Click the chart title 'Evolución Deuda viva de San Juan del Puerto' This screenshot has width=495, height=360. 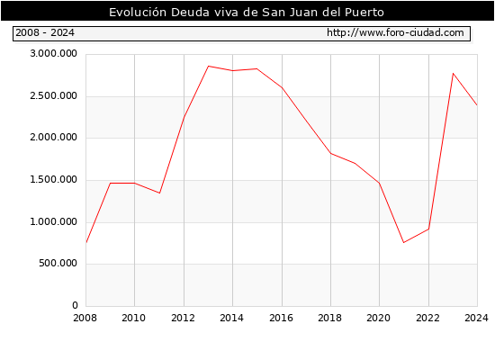point(247,12)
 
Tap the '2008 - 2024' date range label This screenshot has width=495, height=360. point(45,32)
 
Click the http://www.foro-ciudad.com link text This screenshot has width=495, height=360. point(395,32)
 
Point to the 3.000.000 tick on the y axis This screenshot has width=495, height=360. point(53,53)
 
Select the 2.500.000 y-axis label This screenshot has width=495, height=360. point(53,95)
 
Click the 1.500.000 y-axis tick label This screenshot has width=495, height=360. point(53,179)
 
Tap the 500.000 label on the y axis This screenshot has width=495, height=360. point(58,263)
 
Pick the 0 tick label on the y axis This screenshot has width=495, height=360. point(75,305)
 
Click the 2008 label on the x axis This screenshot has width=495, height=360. point(85,318)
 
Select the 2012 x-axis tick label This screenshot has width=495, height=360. point(183,318)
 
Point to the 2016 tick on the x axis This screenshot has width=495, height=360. point(282,318)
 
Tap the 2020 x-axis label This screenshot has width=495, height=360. point(379,318)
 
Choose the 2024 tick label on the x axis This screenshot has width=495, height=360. point(476,318)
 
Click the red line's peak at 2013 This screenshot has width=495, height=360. point(209,66)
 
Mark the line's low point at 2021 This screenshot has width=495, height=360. point(403,242)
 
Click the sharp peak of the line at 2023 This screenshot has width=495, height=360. point(453,73)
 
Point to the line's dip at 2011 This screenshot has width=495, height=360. point(159,193)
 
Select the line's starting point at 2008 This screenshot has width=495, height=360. point(86,242)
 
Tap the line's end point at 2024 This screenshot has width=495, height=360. point(477,104)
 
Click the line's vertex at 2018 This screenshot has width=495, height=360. point(330,153)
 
